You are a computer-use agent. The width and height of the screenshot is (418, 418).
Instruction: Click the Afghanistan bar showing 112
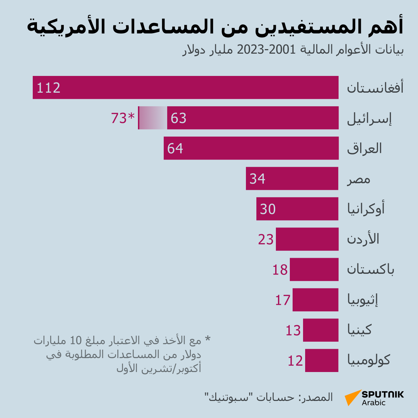186,87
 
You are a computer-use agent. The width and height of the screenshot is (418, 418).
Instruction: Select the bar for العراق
251,148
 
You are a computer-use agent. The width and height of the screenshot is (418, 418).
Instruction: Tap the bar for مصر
292,178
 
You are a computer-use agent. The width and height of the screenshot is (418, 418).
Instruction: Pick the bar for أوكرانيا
297,209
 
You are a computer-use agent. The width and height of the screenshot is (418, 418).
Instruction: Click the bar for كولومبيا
322,360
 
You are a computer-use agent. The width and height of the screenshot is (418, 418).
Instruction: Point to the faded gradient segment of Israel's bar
153,118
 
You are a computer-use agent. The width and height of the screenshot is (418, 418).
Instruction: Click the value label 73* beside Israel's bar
123,118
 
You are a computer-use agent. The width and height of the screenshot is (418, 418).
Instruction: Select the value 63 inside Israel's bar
179,118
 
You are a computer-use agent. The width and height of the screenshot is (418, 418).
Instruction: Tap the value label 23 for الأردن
266,240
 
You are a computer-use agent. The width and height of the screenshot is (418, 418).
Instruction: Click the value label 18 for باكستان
280,270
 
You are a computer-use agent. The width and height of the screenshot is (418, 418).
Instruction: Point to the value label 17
283,300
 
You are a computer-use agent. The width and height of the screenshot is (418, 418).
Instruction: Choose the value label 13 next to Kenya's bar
293,330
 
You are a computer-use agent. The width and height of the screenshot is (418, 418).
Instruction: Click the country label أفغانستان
375,87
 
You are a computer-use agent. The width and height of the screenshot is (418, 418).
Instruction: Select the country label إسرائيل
370,118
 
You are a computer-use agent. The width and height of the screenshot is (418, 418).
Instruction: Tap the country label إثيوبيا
363,300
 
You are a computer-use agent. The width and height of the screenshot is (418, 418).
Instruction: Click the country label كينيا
359,330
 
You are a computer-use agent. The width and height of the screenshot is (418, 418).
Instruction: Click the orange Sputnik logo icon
352,397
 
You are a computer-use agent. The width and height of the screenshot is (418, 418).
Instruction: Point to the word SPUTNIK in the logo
382,394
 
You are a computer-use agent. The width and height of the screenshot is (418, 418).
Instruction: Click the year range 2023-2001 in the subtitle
266,50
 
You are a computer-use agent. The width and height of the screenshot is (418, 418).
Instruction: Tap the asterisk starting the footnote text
208,339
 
